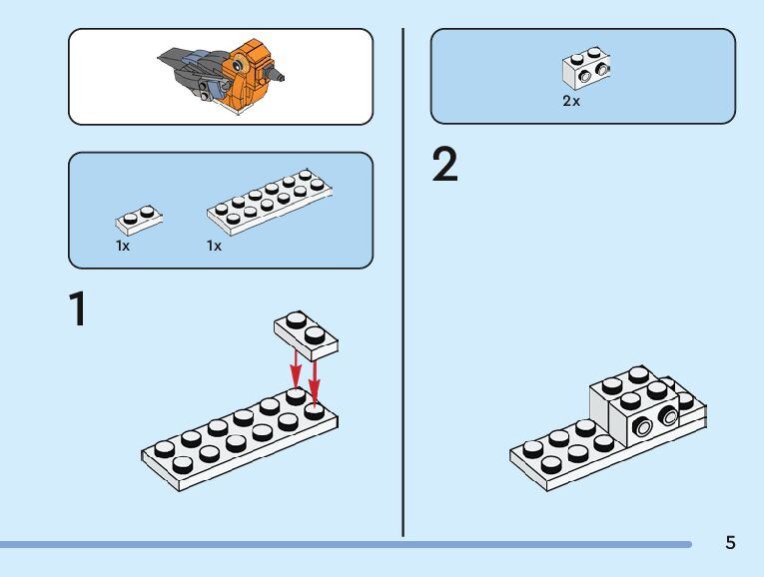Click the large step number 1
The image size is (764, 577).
[x=78, y=308]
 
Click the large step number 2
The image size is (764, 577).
[x=444, y=165]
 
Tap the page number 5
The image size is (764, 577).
[x=730, y=542]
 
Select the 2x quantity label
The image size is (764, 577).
[x=571, y=101]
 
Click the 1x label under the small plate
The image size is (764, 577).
[x=123, y=246]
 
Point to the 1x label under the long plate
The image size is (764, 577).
[x=214, y=246]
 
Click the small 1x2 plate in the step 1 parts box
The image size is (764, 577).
[x=139, y=220]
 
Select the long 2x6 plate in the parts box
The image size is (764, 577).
[x=270, y=202]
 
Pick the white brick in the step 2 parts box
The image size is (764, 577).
[x=586, y=68]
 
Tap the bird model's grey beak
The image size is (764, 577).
[x=274, y=75]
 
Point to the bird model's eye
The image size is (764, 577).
[x=238, y=64]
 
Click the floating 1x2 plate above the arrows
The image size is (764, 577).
[x=306, y=335]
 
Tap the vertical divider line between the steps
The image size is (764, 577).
[x=402, y=283]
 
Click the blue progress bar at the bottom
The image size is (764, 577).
[x=346, y=544]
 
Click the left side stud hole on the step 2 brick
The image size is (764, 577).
[x=643, y=427]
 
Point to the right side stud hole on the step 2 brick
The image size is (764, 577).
[x=667, y=416]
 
